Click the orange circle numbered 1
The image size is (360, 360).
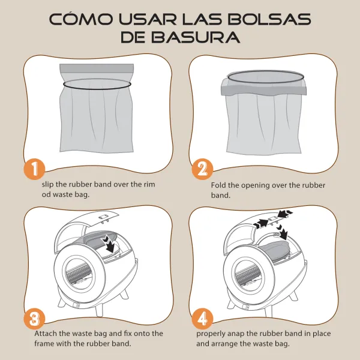pos(34,169)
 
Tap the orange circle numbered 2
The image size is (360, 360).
pos(203,169)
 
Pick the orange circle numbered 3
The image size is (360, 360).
pos(34,319)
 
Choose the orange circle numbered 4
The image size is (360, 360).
pos(203,319)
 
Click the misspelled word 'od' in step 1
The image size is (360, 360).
pos(46,194)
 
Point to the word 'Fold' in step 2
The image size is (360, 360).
pos(218,185)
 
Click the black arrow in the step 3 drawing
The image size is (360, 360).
pos(110,244)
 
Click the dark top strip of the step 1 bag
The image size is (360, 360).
pos(97,68)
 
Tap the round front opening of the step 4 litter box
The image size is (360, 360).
pos(248,273)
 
